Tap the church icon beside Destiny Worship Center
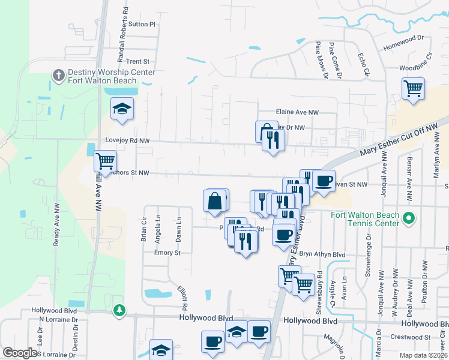(x=58, y=75)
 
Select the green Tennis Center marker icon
(x=409, y=217)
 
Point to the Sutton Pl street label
(x=142, y=25)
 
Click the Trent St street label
(x=137, y=61)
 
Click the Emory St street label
(x=167, y=253)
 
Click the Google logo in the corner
(x=20, y=353)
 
